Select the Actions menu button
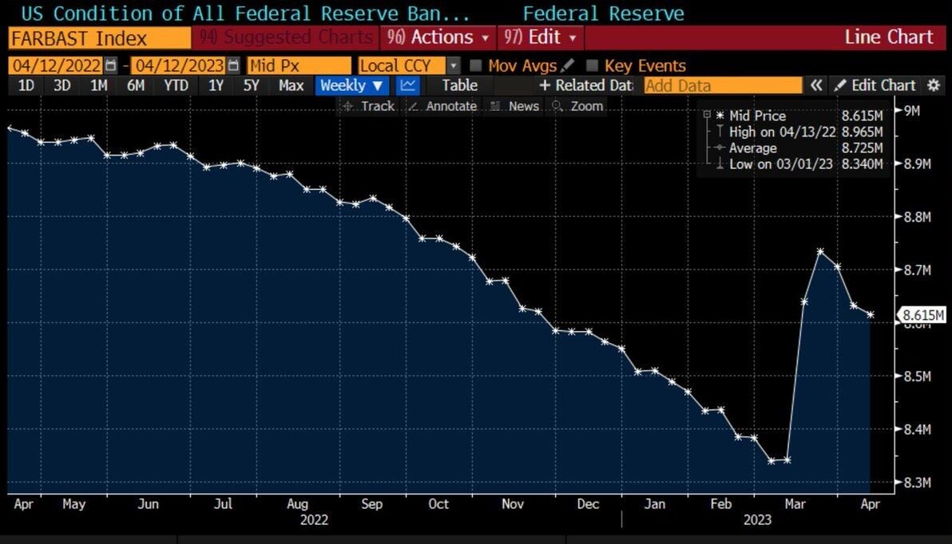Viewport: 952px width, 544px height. coord(438,37)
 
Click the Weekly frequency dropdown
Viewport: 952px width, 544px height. coord(352,85)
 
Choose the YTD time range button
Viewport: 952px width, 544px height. coord(176,85)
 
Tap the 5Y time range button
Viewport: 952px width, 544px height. coord(251,85)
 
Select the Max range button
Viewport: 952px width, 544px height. coord(291,85)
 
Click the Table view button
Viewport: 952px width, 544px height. coord(459,85)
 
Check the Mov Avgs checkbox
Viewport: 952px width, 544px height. coord(476,65)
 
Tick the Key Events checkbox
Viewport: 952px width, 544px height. coord(593,65)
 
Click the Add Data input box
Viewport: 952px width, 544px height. coord(722,85)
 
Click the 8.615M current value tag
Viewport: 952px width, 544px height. coord(923,315)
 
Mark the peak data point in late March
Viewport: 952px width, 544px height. coord(820,251)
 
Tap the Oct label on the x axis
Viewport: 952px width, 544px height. coord(438,504)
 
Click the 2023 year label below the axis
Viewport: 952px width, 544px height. coord(757,520)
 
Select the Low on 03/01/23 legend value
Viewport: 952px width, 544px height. coord(862,164)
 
